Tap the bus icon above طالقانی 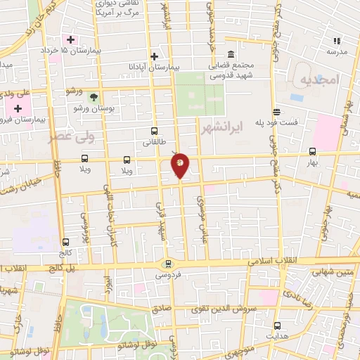154,131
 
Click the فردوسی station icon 167,264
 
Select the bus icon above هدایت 277,326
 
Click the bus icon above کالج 65,241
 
